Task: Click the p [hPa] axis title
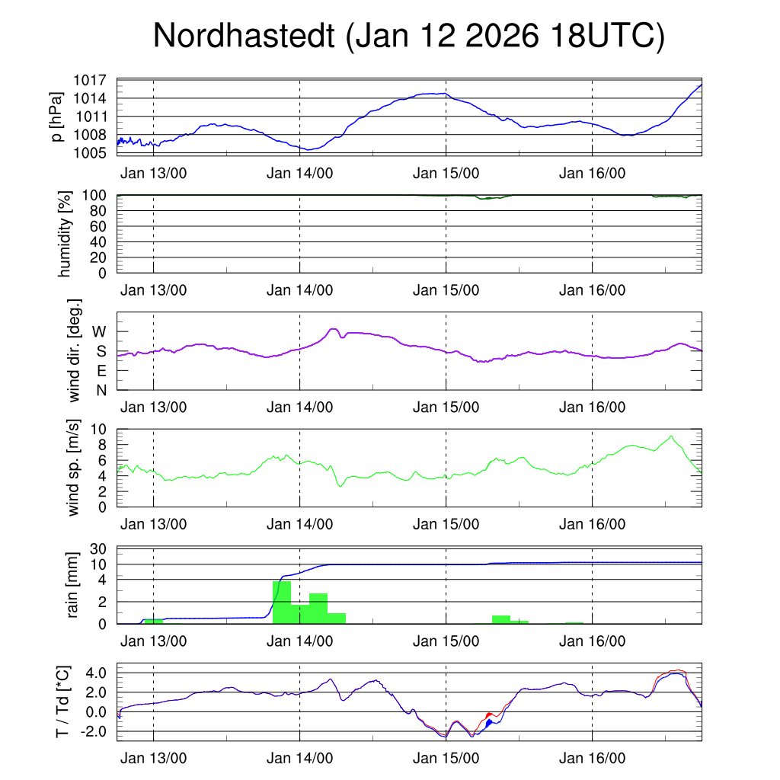[56, 116]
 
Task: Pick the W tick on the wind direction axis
[100, 331]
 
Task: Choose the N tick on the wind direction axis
[101, 390]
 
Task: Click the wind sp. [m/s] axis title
[73, 467]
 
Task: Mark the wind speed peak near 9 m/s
[670, 436]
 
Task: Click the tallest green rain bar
[282, 602]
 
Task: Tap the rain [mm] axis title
[73, 585]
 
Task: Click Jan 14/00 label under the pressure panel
[300, 173]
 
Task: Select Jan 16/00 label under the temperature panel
[593, 759]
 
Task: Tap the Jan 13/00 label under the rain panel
[154, 641]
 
